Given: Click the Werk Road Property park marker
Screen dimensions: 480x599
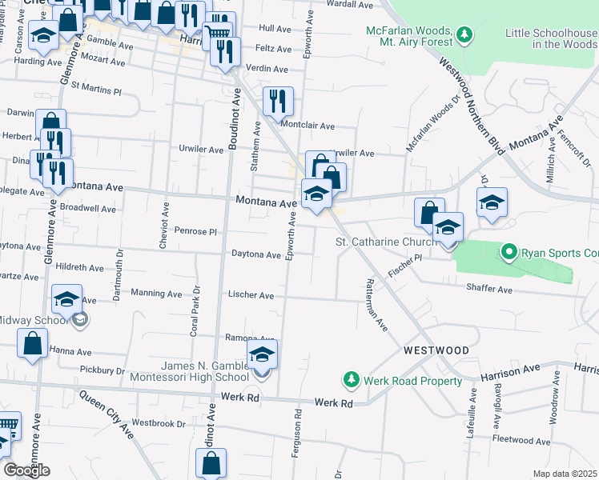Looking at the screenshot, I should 350,378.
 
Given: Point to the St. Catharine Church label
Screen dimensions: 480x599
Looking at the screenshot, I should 385,241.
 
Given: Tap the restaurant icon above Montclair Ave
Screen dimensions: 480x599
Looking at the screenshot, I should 277,100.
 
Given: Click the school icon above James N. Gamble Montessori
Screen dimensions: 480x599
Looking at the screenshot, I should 262,354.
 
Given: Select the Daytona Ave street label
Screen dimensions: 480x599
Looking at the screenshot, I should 256,255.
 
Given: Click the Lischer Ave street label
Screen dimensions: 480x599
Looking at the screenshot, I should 251,295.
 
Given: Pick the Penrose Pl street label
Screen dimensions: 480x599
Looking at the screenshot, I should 196,231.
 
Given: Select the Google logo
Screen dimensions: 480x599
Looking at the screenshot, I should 26,470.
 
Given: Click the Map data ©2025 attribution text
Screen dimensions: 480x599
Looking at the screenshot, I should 565,474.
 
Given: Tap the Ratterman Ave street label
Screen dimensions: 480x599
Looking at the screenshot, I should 376,305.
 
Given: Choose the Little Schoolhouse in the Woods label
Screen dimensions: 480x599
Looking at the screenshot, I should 552,38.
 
